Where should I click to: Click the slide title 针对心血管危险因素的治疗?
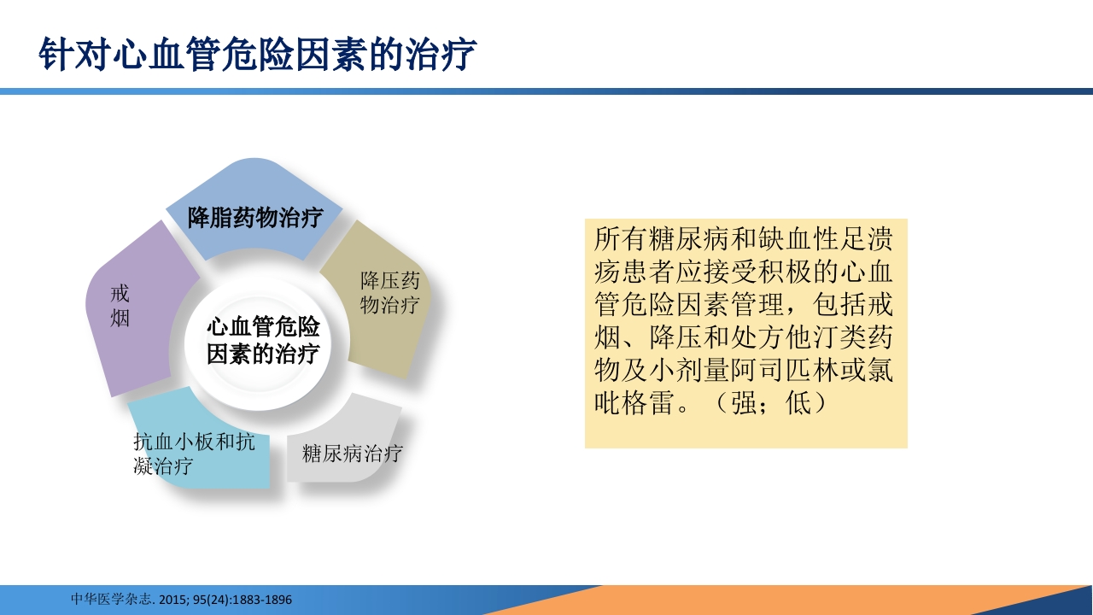[257, 55]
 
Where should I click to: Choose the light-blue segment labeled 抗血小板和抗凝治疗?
[194, 454]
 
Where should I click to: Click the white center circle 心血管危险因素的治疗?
[263, 341]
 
